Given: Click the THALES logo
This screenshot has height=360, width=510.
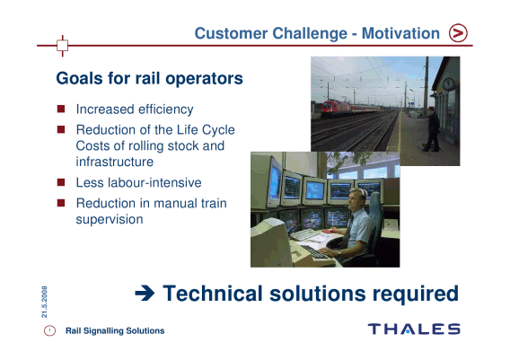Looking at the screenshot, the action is pos(414,329).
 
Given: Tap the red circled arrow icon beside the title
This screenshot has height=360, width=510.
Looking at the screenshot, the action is pos(458,33).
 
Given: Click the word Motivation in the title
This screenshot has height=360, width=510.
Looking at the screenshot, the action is pos(400,33).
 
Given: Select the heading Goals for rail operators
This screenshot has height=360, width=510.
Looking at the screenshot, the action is pos(149,79).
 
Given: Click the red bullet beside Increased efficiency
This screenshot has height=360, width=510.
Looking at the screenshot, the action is pos(61,109).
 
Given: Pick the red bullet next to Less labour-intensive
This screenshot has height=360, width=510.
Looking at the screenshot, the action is pos(61,181).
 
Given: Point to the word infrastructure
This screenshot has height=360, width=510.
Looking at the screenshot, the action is pos(115,162).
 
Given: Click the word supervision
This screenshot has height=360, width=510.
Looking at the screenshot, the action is pos(110,220).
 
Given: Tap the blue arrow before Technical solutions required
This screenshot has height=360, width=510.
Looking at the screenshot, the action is pos(145,294).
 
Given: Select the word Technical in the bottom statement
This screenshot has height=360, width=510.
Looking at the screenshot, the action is pos(213,294).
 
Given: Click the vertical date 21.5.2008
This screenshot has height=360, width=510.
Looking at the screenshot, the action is pos(44,302).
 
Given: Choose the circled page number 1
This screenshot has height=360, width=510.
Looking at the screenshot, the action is pos(49,330).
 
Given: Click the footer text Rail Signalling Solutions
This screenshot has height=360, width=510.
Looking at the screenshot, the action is pos(115,330).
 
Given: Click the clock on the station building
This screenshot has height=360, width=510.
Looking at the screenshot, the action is pos(449,83).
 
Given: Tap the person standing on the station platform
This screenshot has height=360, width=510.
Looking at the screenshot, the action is pos(432,129).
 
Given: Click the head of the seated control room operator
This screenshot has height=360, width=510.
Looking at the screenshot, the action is pos(357,198).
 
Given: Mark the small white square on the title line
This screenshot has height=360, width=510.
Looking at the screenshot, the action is pos(63,45).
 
